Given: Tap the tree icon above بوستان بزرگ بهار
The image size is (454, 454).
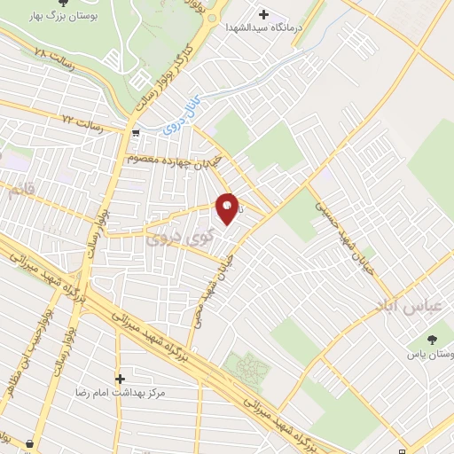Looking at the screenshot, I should (60, 4).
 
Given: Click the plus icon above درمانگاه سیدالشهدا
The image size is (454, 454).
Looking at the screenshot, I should (263, 13).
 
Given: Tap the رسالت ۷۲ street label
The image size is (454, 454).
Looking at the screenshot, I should (82, 119).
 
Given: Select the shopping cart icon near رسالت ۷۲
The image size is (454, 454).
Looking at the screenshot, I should (135, 133).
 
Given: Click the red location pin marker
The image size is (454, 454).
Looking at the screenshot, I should (228, 209).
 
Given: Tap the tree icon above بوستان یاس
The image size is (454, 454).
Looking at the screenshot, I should (431, 340).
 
